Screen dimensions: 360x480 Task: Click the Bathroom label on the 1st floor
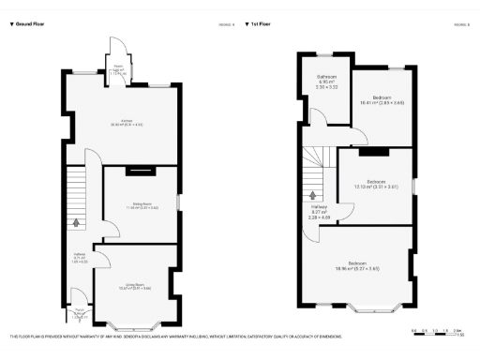tap(326, 80)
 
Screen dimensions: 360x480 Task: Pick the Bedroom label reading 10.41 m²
tap(382, 100)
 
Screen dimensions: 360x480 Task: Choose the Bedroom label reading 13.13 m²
tap(376, 184)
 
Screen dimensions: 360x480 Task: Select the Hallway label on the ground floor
tap(80, 258)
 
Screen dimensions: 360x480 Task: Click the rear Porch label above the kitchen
tap(118, 68)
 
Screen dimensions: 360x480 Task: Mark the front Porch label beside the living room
tap(80, 314)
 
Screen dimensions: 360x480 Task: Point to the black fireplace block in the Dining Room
tap(141, 170)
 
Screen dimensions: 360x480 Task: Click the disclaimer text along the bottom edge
tap(187, 336)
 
